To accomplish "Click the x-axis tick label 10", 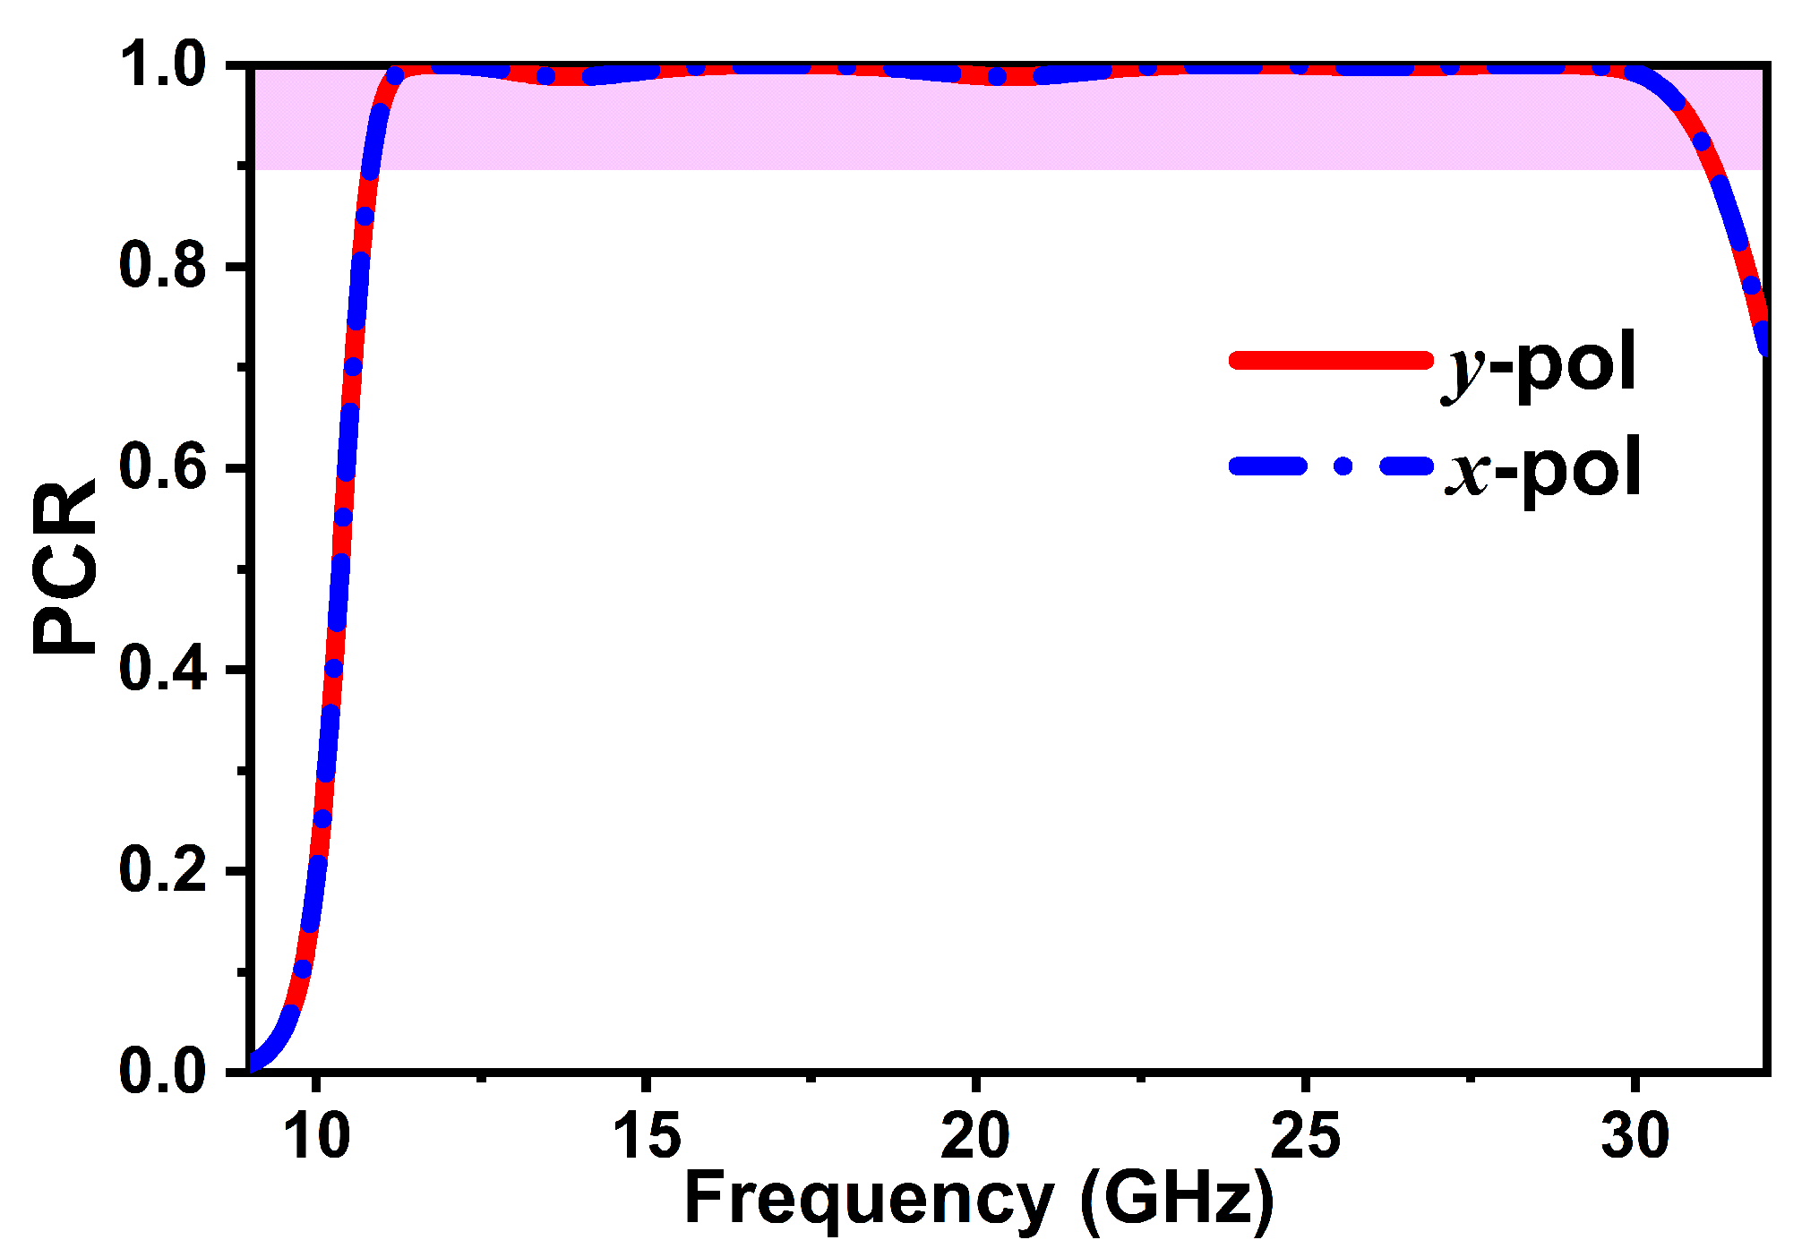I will [x=316, y=1135].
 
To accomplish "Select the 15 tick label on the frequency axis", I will [x=646, y=1135].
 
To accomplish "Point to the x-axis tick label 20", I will [x=975, y=1135].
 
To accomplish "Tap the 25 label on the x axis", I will [x=1306, y=1135].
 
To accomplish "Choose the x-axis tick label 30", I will [x=1635, y=1135].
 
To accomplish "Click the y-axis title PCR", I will [x=64, y=567].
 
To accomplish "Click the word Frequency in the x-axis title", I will [x=869, y=1200].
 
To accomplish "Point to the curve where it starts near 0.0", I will [x=254, y=1063].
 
